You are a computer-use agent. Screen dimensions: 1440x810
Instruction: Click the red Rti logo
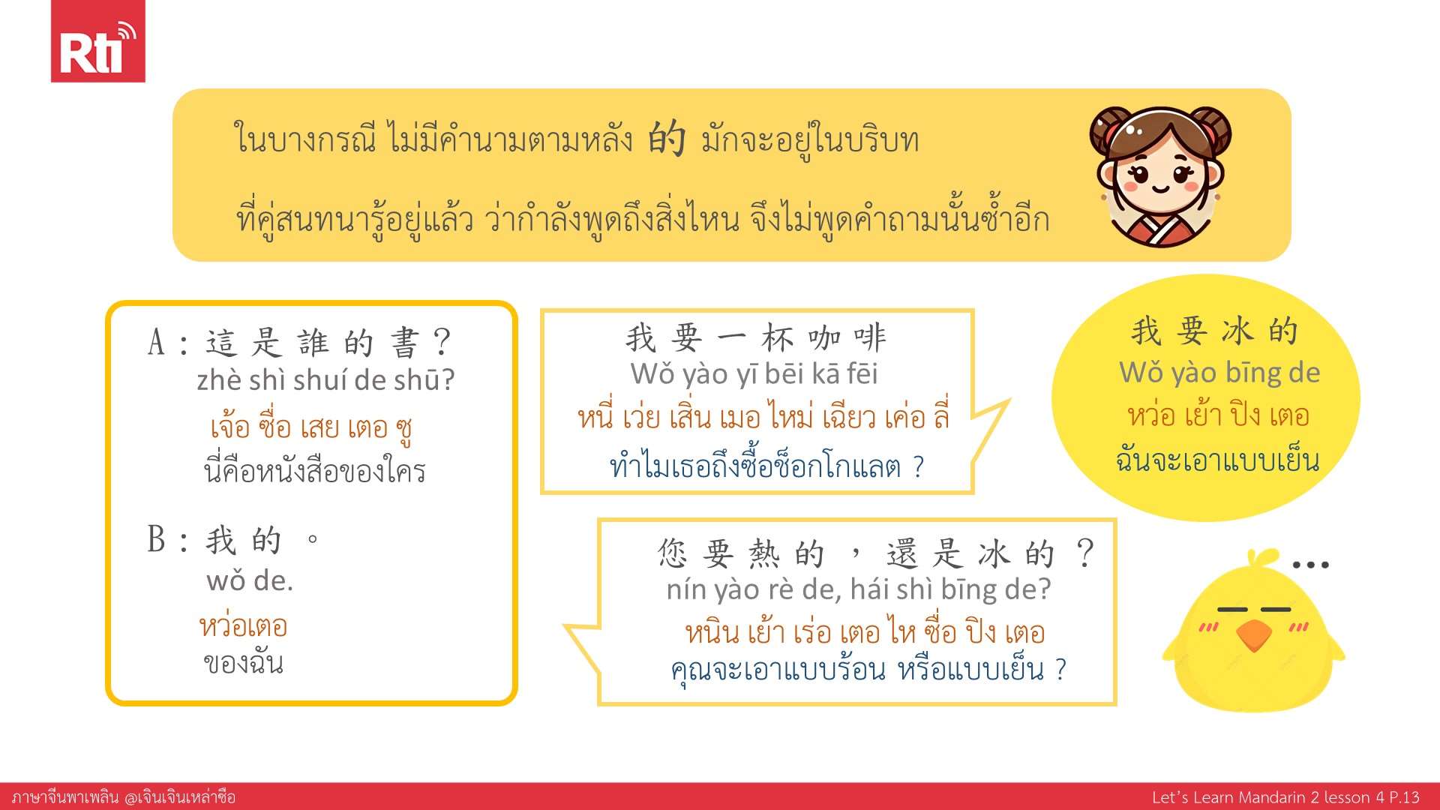[x=97, y=41]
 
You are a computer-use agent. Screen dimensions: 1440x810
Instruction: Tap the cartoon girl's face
[x=1160, y=176]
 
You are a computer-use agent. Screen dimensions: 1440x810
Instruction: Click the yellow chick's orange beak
[x=1254, y=635]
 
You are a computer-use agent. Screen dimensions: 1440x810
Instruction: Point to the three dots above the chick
[x=1311, y=564]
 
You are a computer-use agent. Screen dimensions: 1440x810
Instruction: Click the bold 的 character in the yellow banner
[x=667, y=138]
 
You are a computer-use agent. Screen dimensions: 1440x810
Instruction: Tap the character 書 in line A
[x=405, y=343]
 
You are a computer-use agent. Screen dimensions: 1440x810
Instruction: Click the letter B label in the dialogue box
[x=157, y=538]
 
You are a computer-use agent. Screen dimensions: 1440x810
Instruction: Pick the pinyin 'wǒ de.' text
[x=250, y=580]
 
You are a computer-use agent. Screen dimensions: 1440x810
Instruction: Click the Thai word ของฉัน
[x=244, y=663]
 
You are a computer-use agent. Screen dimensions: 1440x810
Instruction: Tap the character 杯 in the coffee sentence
[x=778, y=338]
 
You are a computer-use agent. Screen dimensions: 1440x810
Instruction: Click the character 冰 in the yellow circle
[x=1237, y=331]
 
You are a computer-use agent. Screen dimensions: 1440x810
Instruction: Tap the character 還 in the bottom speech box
[x=902, y=554]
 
